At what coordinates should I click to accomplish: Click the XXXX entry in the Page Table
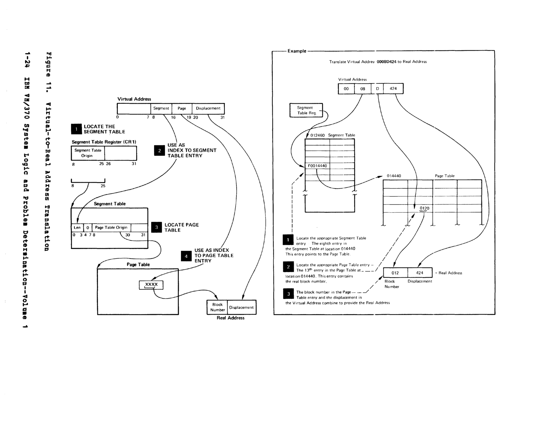coord(151,285)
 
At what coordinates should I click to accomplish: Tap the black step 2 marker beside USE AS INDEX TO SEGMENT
coord(159,151)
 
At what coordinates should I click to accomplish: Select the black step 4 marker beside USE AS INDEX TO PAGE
coord(186,256)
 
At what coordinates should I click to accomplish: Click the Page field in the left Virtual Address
coord(182,108)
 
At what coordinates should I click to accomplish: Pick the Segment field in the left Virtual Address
coord(161,108)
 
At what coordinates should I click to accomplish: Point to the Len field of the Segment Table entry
coord(77,227)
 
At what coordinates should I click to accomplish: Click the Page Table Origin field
coord(111,227)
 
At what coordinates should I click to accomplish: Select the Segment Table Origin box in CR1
coord(88,153)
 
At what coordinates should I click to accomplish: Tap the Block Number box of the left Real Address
coord(217,307)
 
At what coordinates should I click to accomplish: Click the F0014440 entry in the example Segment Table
coord(317,166)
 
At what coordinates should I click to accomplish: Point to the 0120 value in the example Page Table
coord(424,208)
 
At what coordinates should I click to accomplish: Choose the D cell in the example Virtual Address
coord(377,89)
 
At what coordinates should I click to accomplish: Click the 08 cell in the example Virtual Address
coord(363,89)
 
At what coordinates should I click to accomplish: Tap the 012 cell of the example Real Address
coord(395,273)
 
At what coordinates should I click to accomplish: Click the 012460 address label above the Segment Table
coord(317,135)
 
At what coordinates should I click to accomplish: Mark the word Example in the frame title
coord(297,51)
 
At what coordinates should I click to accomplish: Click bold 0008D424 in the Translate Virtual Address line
coord(386,62)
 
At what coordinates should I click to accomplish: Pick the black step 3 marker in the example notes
coord(289,294)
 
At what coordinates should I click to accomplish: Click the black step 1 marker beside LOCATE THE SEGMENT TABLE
coord(76,129)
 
